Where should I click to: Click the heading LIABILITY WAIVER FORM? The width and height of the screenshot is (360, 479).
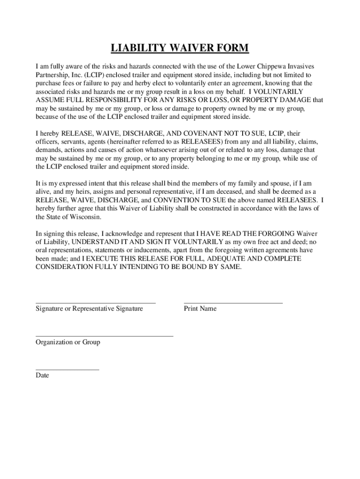tap(180, 48)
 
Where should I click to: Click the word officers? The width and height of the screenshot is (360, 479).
tap(48, 142)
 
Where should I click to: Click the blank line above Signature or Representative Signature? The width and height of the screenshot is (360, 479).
tap(96, 303)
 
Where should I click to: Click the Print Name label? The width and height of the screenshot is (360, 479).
tap(200, 309)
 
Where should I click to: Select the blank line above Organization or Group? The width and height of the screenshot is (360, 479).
tap(104, 336)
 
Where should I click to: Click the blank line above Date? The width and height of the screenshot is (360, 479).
tap(67, 370)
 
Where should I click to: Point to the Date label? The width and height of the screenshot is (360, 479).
tap(42, 375)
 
